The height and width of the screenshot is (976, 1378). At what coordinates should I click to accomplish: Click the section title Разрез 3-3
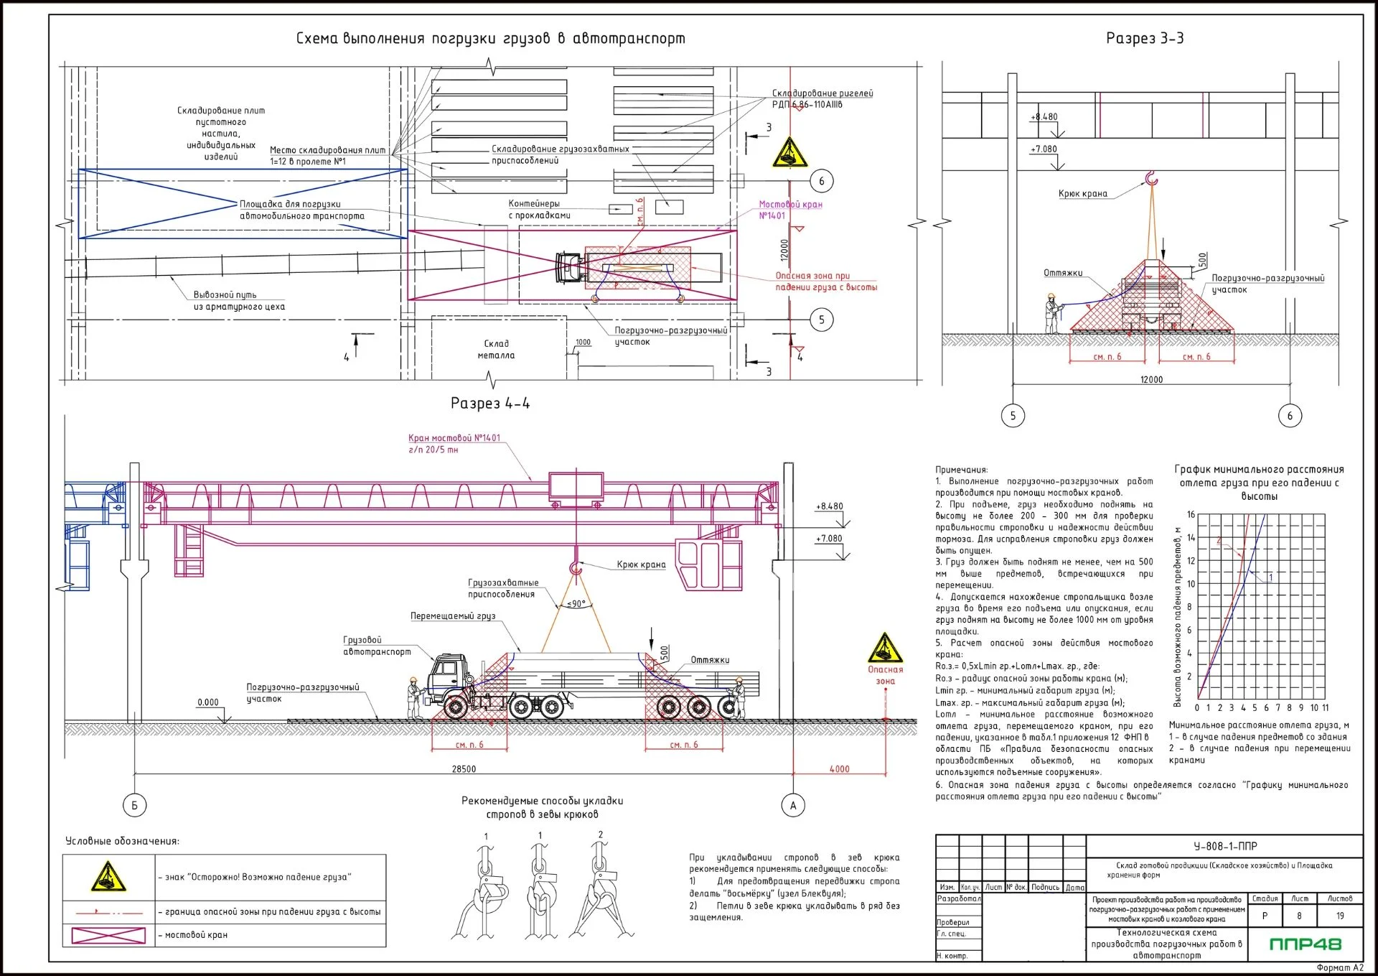[1144, 38]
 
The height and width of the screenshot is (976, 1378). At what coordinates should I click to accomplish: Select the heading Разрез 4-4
[490, 403]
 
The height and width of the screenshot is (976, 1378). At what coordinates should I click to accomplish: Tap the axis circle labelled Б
[134, 805]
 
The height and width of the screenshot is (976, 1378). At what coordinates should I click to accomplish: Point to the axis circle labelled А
[793, 805]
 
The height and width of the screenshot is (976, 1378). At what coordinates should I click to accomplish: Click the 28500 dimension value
[464, 769]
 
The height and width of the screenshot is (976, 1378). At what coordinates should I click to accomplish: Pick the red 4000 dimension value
[839, 769]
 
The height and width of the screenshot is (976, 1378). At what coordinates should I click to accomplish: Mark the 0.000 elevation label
[208, 702]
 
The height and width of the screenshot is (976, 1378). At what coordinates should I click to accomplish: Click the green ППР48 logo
[1305, 944]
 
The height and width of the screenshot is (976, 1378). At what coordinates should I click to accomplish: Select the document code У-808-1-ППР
[1225, 846]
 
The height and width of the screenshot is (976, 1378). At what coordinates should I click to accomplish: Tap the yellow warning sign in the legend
[108, 877]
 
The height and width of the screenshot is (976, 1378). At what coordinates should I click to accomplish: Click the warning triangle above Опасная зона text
[885, 649]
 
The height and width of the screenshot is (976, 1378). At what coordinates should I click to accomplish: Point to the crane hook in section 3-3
[1151, 178]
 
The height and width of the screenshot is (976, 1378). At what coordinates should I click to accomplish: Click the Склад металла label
[496, 349]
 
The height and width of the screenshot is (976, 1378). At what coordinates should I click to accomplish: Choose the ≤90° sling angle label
[576, 604]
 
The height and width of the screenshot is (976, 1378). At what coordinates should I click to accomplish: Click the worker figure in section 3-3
[1051, 313]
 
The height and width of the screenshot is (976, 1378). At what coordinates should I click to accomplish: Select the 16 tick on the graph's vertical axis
[1191, 514]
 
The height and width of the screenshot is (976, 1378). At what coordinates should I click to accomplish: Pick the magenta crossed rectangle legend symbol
[108, 934]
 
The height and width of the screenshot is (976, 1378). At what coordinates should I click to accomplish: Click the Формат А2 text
[1339, 967]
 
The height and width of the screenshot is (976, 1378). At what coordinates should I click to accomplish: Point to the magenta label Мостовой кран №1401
[790, 210]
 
